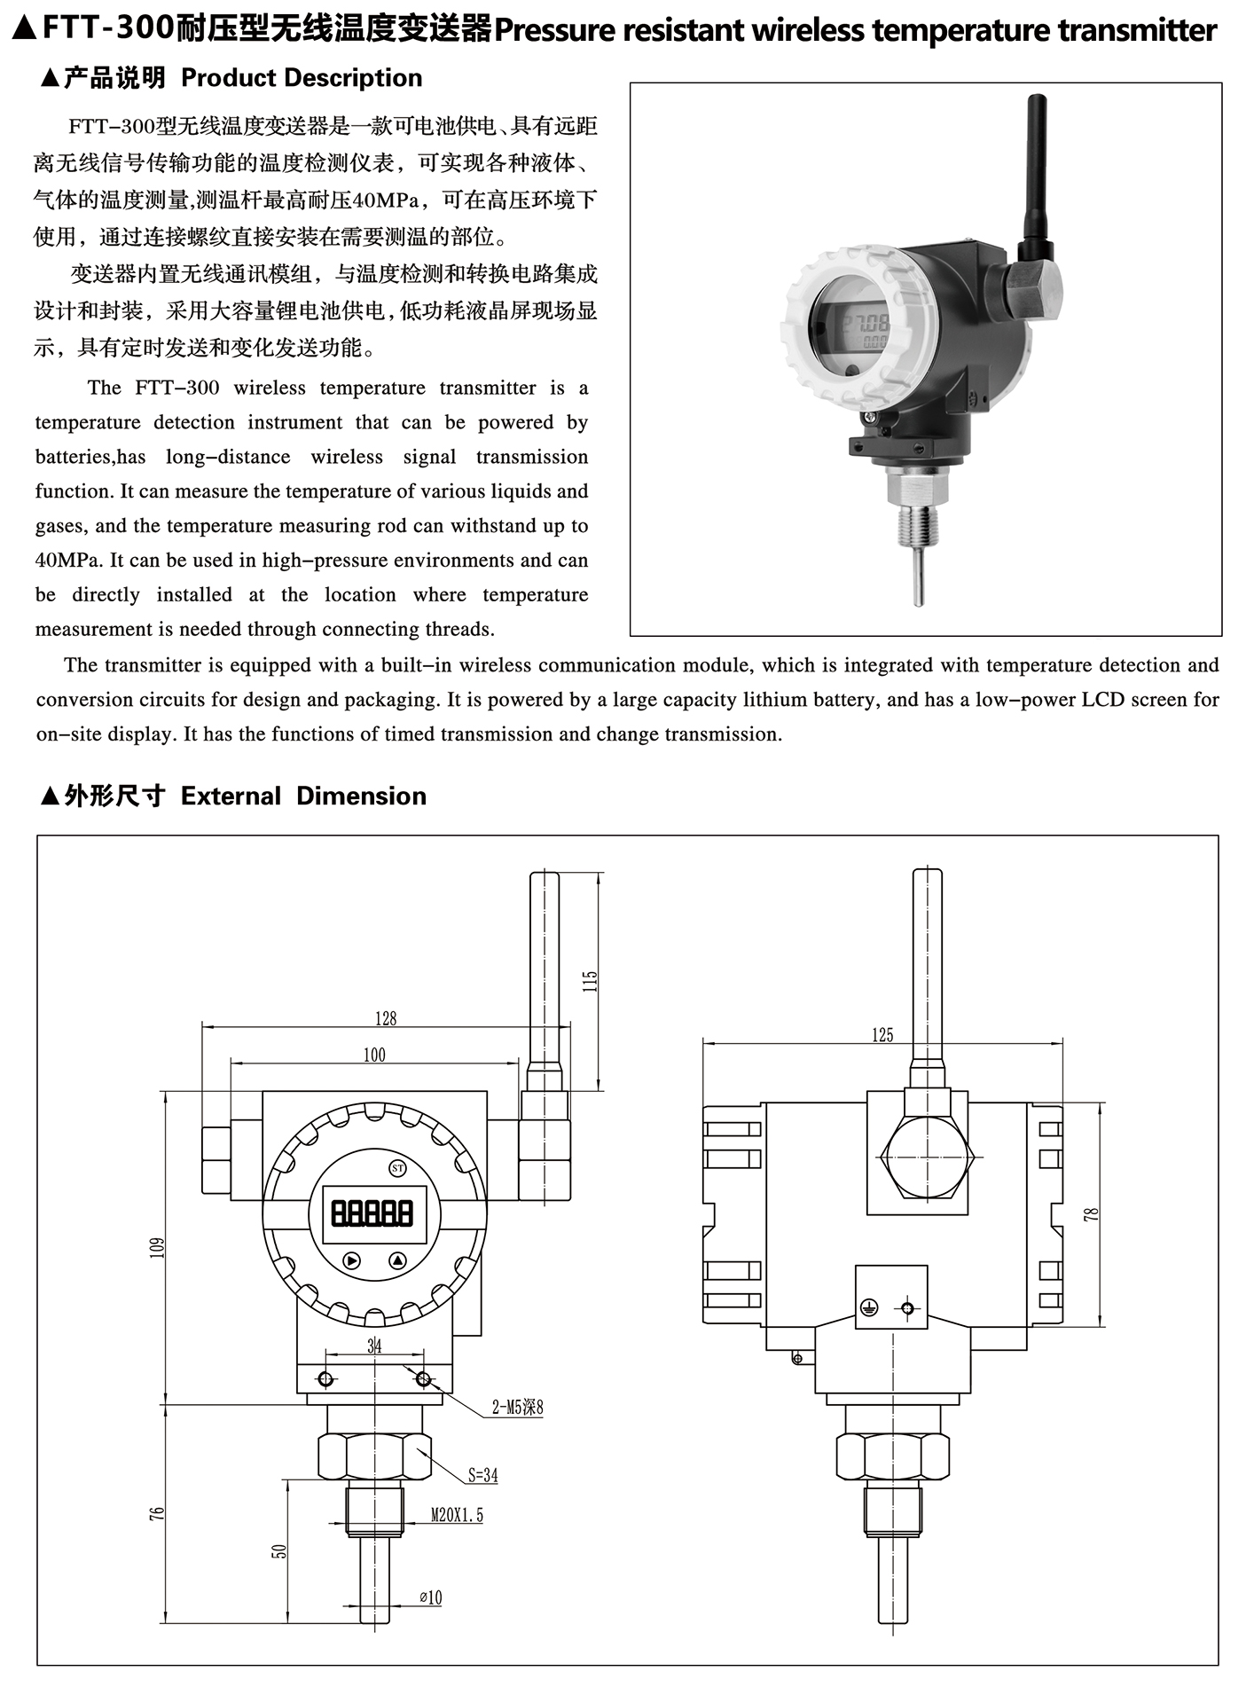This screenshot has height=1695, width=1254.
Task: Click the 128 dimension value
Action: (x=386, y=1018)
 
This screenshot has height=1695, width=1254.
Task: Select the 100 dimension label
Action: (x=374, y=1055)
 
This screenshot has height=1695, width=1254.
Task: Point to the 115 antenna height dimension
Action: (x=591, y=981)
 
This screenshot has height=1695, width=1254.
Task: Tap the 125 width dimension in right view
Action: (x=882, y=1035)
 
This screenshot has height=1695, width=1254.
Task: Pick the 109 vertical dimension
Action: (x=158, y=1247)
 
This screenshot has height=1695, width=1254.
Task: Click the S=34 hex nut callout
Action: (x=483, y=1476)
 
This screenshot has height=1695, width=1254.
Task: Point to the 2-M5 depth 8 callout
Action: (x=517, y=1407)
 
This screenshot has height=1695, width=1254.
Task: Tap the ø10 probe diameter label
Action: (x=430, y=1597)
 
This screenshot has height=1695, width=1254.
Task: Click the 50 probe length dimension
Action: (x=280, y=1551)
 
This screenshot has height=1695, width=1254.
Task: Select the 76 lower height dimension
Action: (x=158, y=1513)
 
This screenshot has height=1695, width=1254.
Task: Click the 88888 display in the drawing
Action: (x=372, y=1212)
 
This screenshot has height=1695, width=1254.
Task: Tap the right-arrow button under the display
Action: (x=352, y=1260)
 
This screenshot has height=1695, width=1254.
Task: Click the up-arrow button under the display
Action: (x=396, y=1260)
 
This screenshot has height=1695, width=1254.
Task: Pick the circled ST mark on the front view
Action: (x=397, y=1168)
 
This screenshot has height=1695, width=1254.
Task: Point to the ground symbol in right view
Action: (x=869, y=1307)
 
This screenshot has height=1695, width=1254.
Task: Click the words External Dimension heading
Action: (x=303, y=796)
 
